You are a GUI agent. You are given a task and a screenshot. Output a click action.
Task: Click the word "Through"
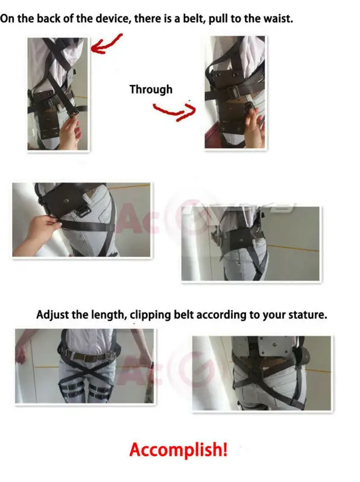[151, 90]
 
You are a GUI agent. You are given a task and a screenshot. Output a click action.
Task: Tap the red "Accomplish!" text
[178, 449]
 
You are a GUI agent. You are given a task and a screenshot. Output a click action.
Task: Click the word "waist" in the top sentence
[278, 18]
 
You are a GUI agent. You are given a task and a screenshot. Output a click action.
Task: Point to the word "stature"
[306, 315]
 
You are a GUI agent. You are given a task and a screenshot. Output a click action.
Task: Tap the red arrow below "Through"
[174, 111]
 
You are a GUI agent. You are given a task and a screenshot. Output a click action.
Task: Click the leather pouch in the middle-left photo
[65, 202]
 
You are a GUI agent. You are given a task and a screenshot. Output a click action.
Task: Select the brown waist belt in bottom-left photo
[84, 356]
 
